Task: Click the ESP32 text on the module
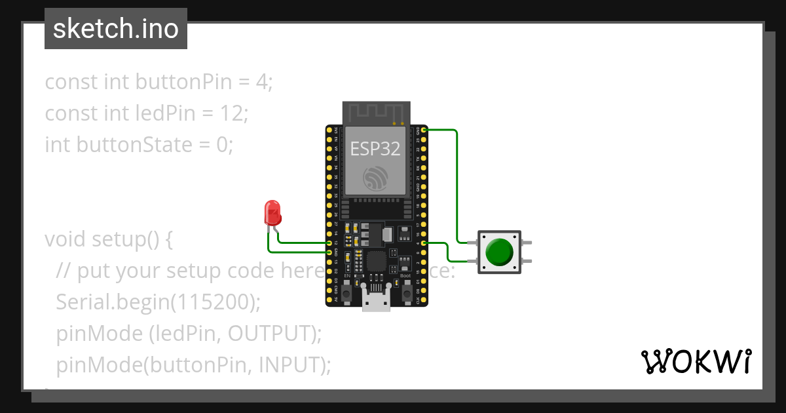point(375,148)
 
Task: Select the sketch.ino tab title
point(116,29)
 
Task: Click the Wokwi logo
point(695,361)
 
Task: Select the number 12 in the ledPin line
point(232,113)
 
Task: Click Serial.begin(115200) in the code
point(158,302)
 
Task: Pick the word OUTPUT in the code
point(268,334)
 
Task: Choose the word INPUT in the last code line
point(289,364)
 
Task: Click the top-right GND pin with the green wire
point(424,130)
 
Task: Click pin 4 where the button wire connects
point(424,243)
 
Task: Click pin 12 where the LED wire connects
point(329,243)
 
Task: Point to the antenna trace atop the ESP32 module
point(377,113)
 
